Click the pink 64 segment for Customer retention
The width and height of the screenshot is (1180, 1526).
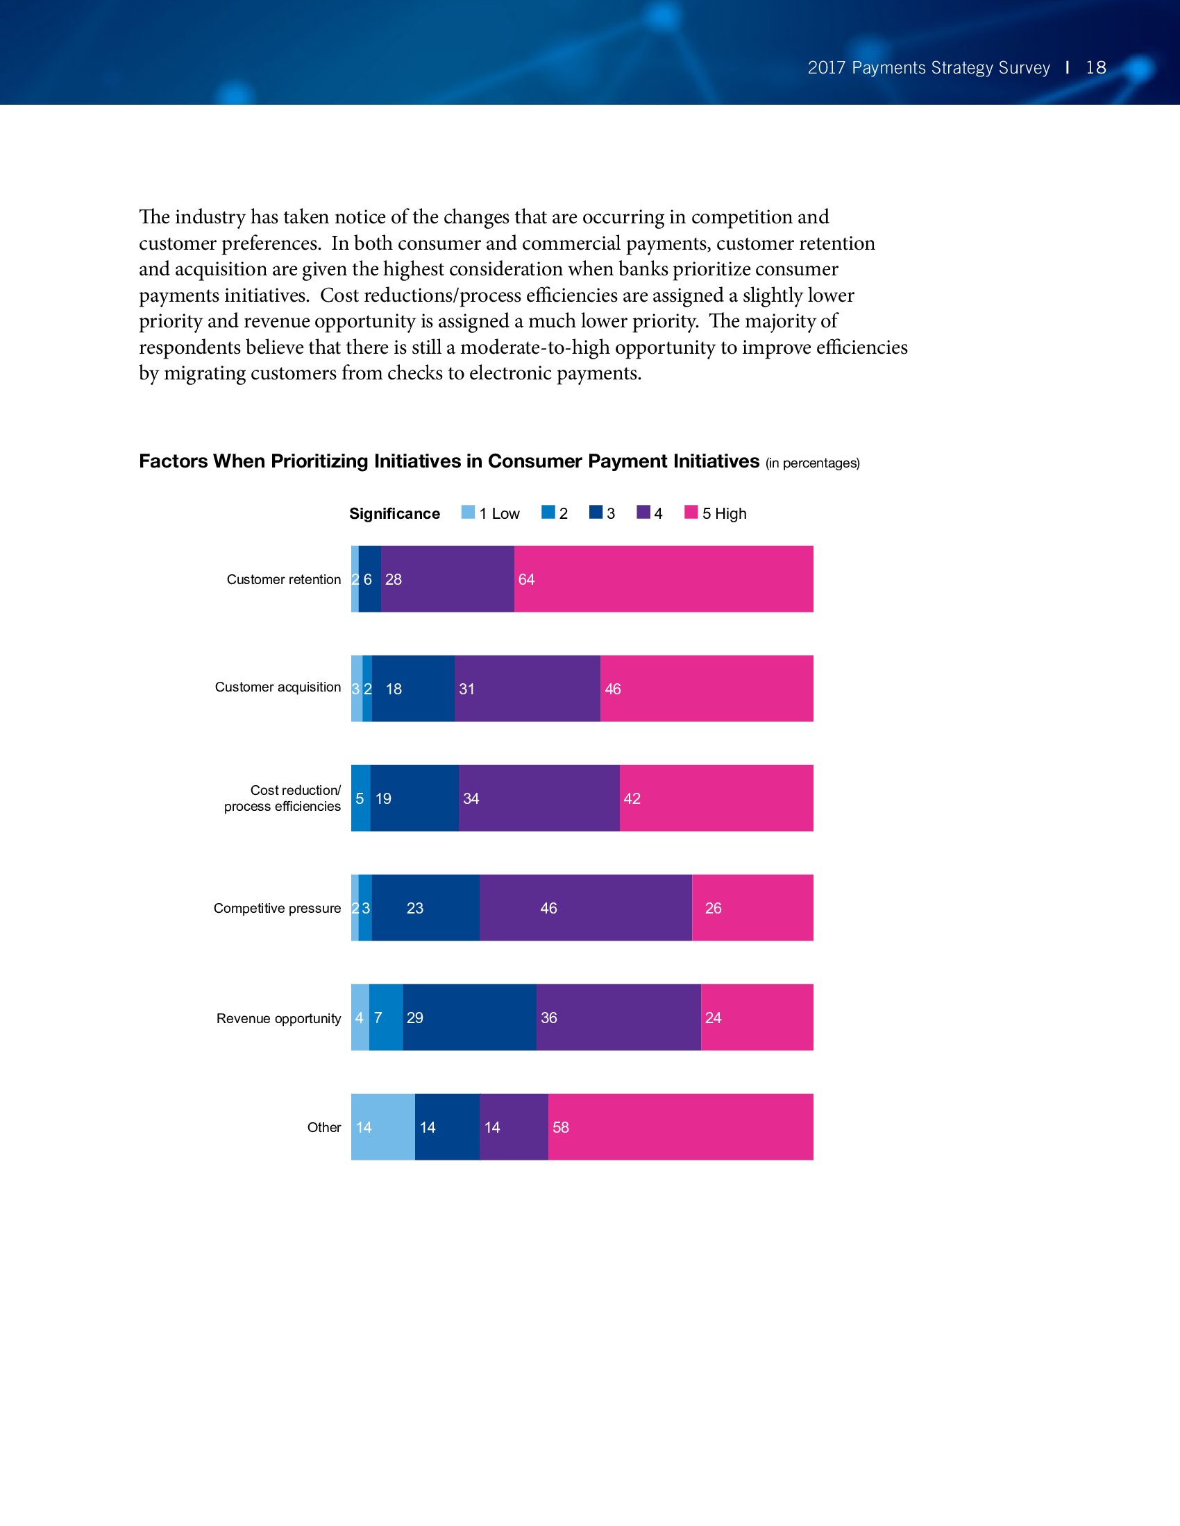pyautogui.click(x=664, y=578)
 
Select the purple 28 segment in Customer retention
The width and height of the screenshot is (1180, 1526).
pyautogui.click(x=448, y=578)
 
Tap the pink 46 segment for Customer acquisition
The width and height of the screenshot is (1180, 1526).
pyautogui.click(x=706, y=688)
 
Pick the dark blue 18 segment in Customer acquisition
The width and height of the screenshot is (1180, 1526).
pyautogui.click(x=413, y=688)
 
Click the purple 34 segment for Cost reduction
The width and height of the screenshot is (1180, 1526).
pyautogui.click(x=539, y=798)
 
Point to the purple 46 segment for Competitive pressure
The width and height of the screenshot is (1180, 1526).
pyautogui.click(x=586, y=908)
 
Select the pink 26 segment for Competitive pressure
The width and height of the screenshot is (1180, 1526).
pyautogui.click(x=752, y=908)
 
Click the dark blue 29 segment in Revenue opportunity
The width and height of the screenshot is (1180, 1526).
pyautogui.click(x=470, y=1018)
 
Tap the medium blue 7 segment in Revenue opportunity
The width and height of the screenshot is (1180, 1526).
pyautogui.click(x=386, y=1018)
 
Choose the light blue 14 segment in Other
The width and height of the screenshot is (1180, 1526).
pyautogui.click(x=383, y=1127)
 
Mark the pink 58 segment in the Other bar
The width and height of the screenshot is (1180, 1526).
pyautogui.click(x=680, y=1127)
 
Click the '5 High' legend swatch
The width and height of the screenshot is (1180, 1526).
pyautogui.click(x=691, y=512)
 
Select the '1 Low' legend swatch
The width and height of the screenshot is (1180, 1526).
pyautogui.click(x=468, y=512)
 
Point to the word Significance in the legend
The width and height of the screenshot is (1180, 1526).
pyautogui.click(x=394, y=513)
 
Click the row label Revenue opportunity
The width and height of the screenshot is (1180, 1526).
pyautogui.click(x=278, y=1018)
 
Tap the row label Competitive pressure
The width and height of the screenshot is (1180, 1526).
pyautogui.click(x=277, y=909)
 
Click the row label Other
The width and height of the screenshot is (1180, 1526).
pyautogui.click(x=323, y=1127)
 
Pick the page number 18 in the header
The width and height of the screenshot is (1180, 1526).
pyautogui.click(x=1095, y=67)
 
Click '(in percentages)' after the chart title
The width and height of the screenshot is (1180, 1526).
pyautogui.click(x=812, y=463)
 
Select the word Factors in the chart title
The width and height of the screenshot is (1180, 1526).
pyautogui.click(x=174, y=461)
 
